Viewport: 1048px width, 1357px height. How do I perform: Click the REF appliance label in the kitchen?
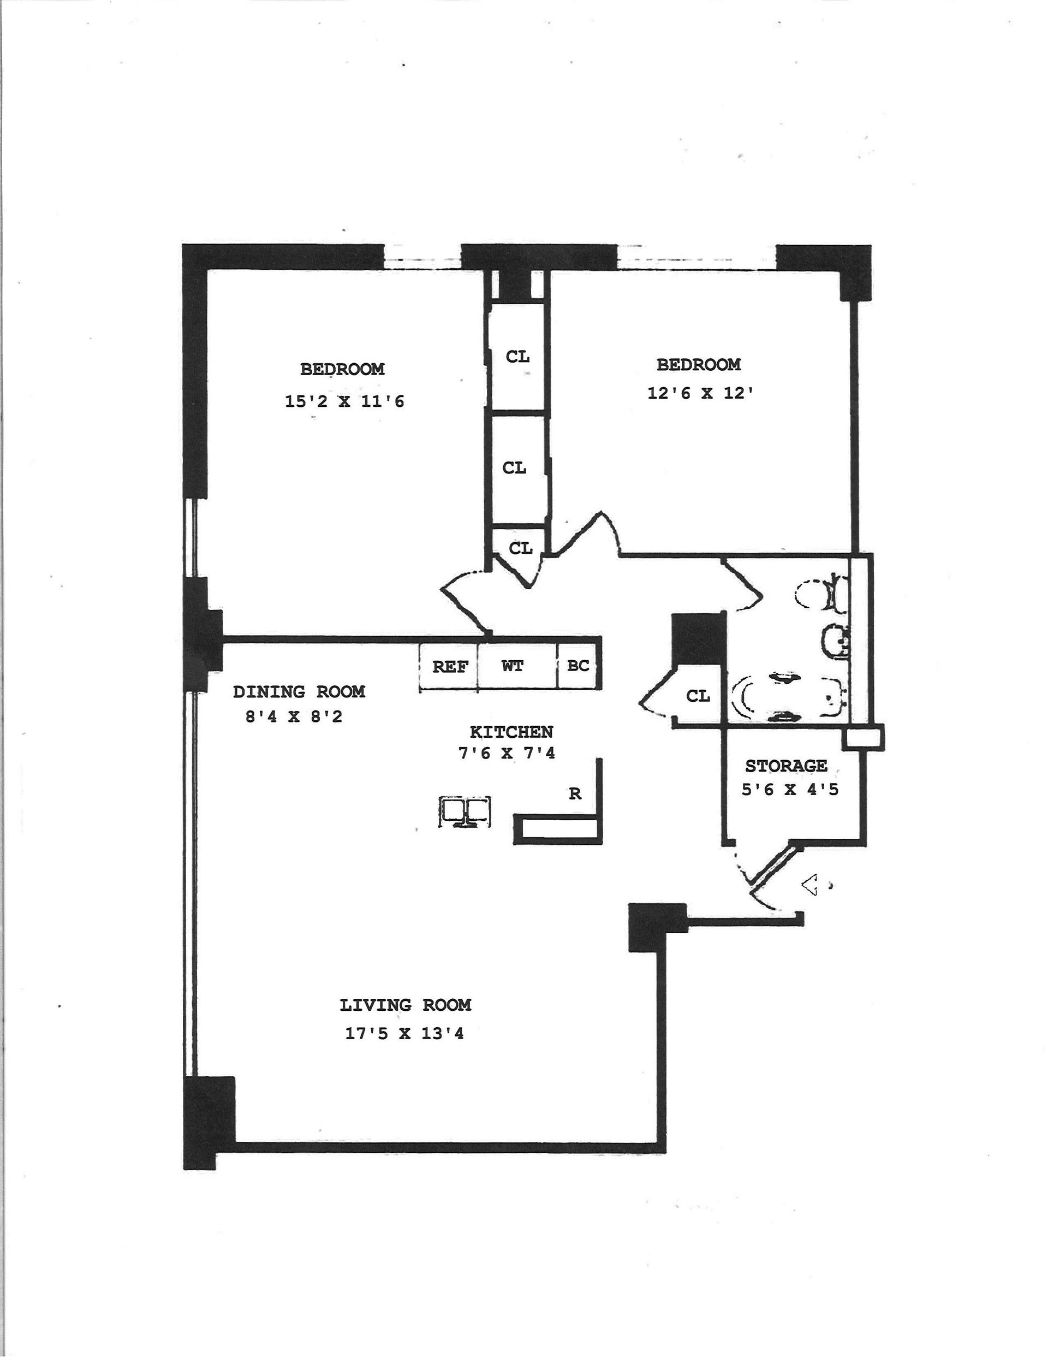(x=449, y=667)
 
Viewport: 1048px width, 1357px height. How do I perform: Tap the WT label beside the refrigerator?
(x=513, y=666)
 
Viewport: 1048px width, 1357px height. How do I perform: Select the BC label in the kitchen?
(x=577, y=666)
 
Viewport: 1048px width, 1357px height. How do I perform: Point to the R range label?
(x=575, y=793)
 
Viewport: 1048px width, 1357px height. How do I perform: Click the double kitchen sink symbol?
(x=465, y=811)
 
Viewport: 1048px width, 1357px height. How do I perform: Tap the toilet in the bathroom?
(x=821, y=594)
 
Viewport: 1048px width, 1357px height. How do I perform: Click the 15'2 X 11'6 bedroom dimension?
(x=344, y=401)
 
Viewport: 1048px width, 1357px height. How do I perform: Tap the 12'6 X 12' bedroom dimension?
(x=700, y=394)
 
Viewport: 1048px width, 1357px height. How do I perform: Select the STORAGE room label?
(x=786, y=766)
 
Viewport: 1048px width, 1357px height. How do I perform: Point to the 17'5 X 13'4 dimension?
(x=404, y=1033)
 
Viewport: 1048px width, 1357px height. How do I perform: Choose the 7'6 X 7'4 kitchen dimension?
(x=507, y=753)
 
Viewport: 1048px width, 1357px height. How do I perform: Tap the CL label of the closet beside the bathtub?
(x=698, y=696)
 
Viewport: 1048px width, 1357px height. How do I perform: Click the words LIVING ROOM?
(x=405, y=1005)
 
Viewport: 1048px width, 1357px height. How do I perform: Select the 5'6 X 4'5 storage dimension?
(x=790, y=790)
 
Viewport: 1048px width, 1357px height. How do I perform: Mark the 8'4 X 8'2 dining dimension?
(x=294, y=717)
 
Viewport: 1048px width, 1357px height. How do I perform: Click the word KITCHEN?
(x=511, y=732)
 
